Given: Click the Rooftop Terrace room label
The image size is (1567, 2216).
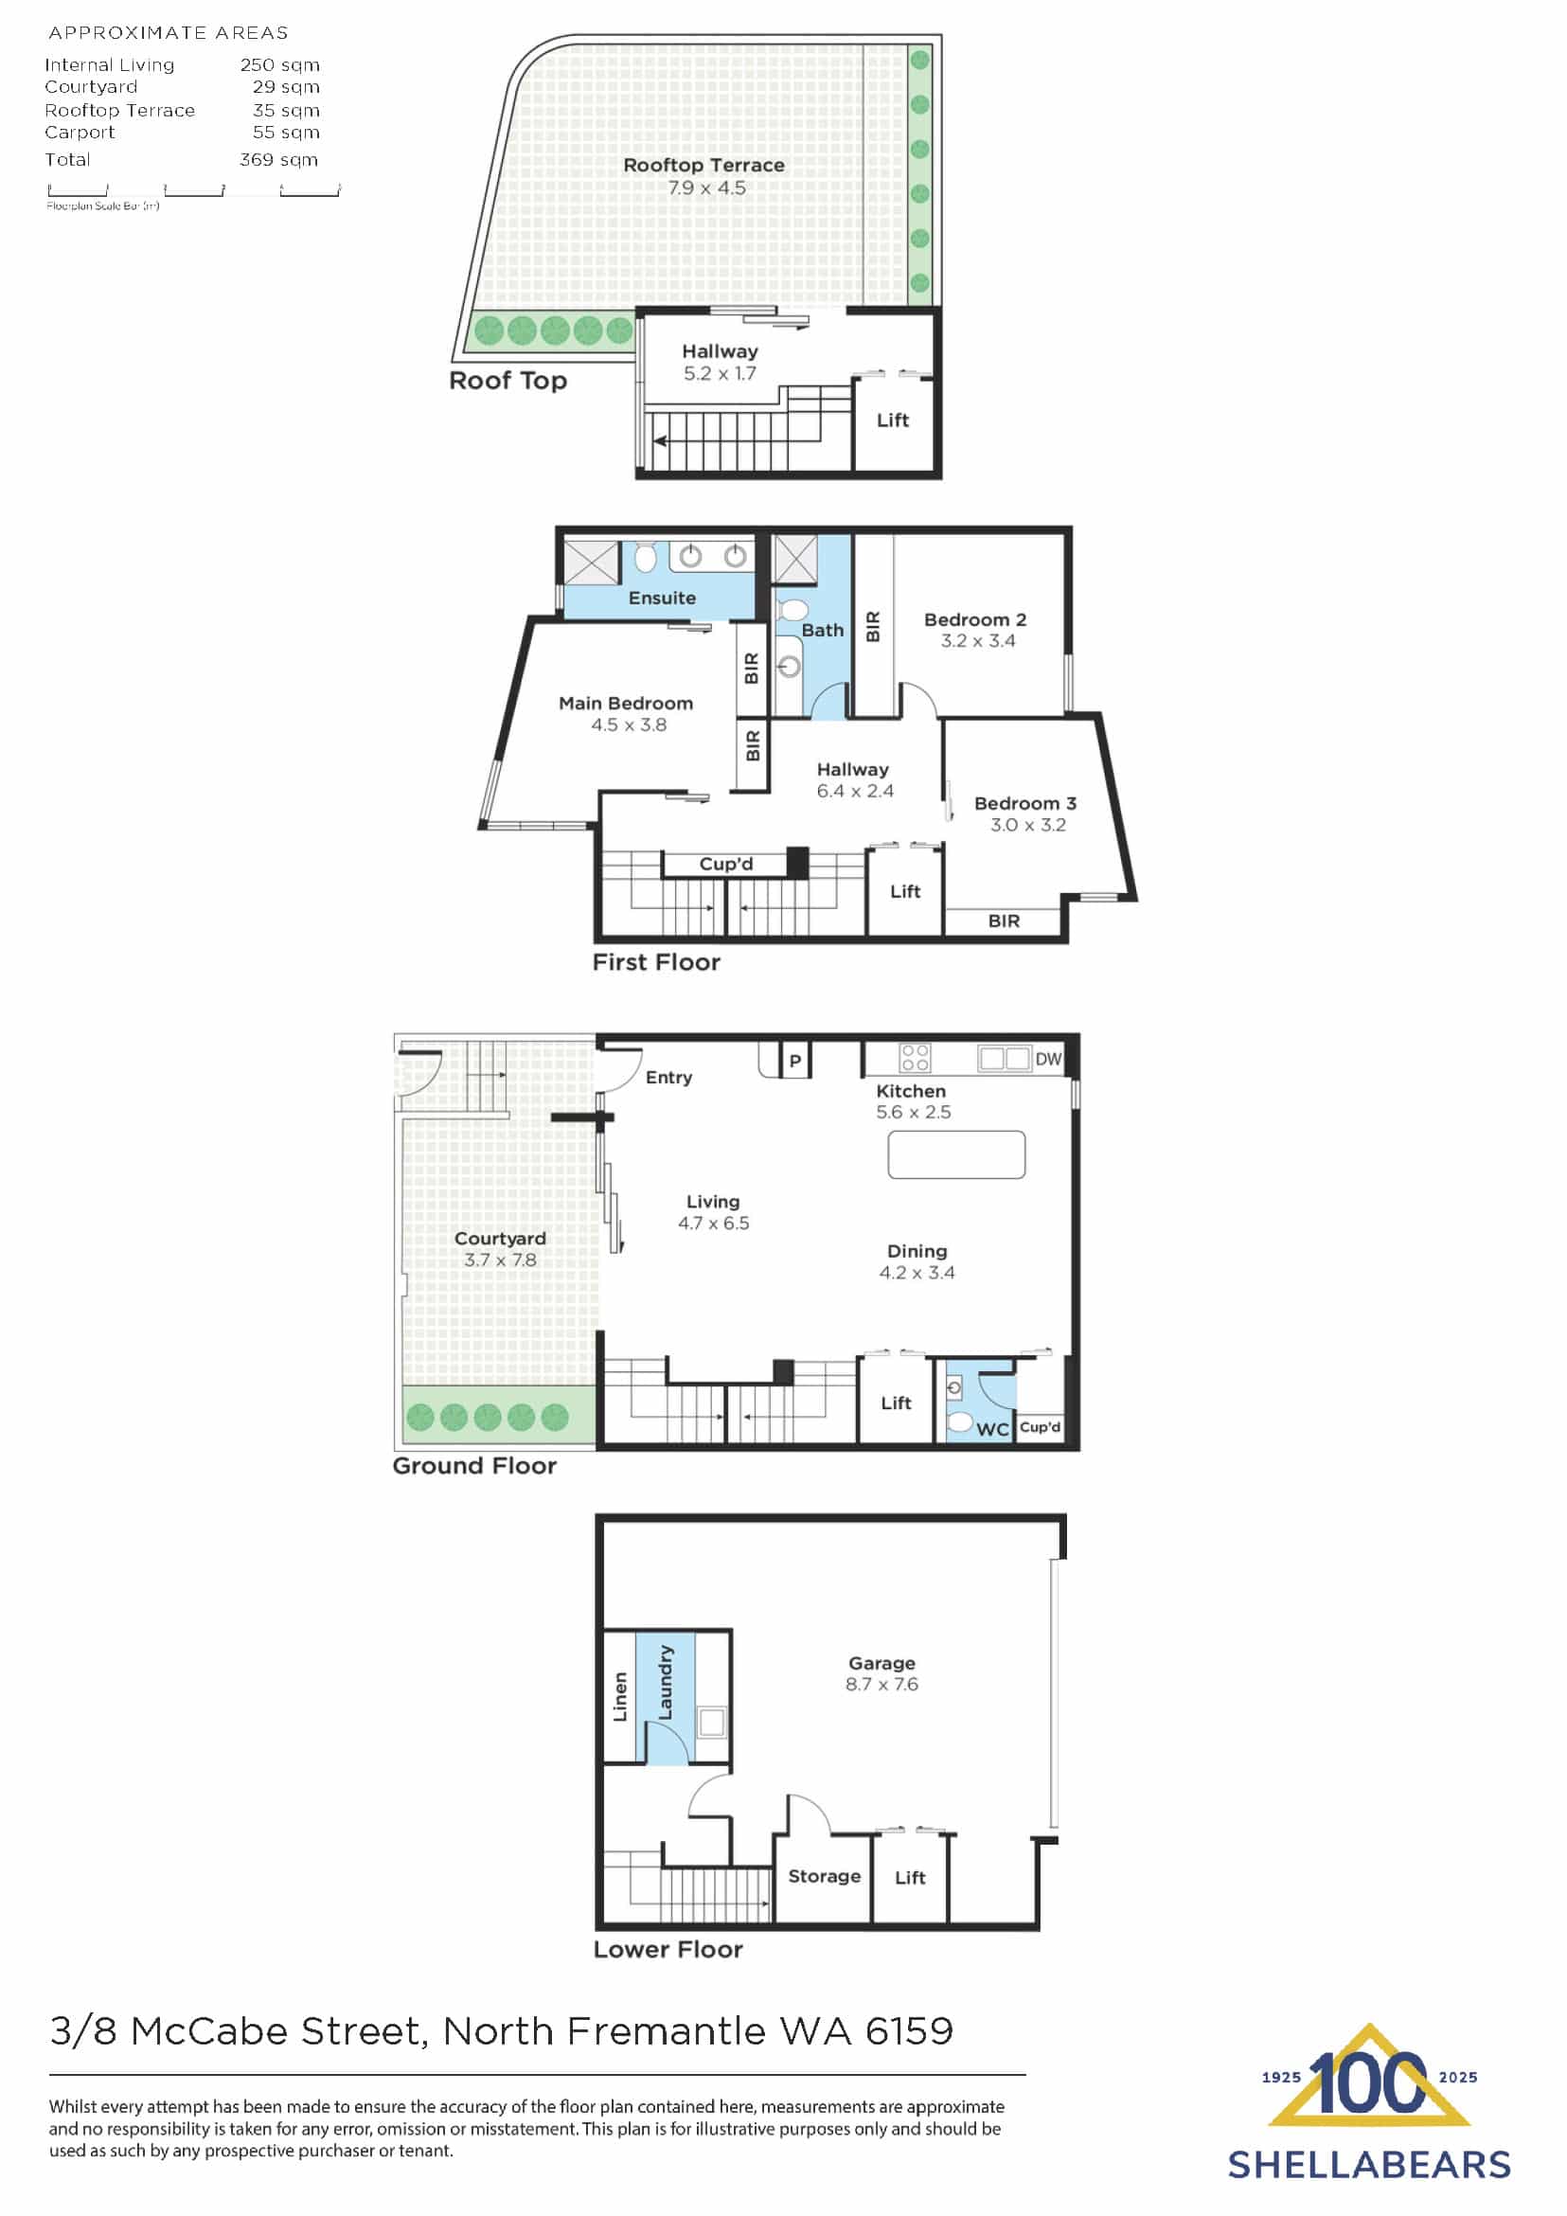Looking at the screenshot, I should pyautogui.click(x=703, y=165).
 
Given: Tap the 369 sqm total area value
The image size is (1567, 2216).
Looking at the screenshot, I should pyautogui.click(x=279, y=160).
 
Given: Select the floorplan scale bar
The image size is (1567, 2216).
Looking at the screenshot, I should pyautogui.click(x=193, y=190).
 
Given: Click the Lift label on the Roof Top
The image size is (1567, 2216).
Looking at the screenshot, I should pyautogui.click(x=893, y=420).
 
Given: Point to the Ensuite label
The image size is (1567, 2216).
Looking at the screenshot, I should pyautogui.click(x=662, y=599).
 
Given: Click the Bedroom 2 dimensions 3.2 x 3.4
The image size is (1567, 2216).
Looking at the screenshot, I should pyautogui.click(x=977, y=641).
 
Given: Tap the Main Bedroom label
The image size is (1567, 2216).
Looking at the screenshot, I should pyautogui.click(x=625, y=704).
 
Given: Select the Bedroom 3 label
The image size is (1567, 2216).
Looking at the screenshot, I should pyautogui.click(x=1024, y=803).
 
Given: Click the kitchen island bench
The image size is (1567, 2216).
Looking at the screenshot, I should pyautogui.click(x=956, y=1154).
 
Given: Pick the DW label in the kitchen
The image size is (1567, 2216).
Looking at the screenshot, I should pyautogui.click(x=1048, y=1059).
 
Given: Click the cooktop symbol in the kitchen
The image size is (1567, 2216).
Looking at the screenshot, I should pyautogui.click(x=915, y=1058).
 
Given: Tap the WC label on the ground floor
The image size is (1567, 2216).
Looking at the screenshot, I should pyautogui.click(x=992, y=1429).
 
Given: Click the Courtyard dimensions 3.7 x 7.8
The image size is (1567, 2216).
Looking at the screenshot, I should pyautogui.click(x=500, y=1260).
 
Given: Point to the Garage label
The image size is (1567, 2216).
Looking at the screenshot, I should pyautogui.click(x=881, y=1663).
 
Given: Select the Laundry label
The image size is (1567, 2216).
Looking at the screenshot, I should pyautogui.click(x=665, y=1682).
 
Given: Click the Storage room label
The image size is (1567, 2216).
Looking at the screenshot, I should pyautogui.click(x=824, y=1876).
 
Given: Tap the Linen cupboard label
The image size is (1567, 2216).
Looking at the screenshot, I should pyautogui.click(x=620, y=1696).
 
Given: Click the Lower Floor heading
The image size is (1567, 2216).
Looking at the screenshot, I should pyautogui.click(x=668, y=1950).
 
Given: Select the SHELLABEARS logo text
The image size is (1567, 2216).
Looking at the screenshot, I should pyautogui.click(x=1368, y=2165).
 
